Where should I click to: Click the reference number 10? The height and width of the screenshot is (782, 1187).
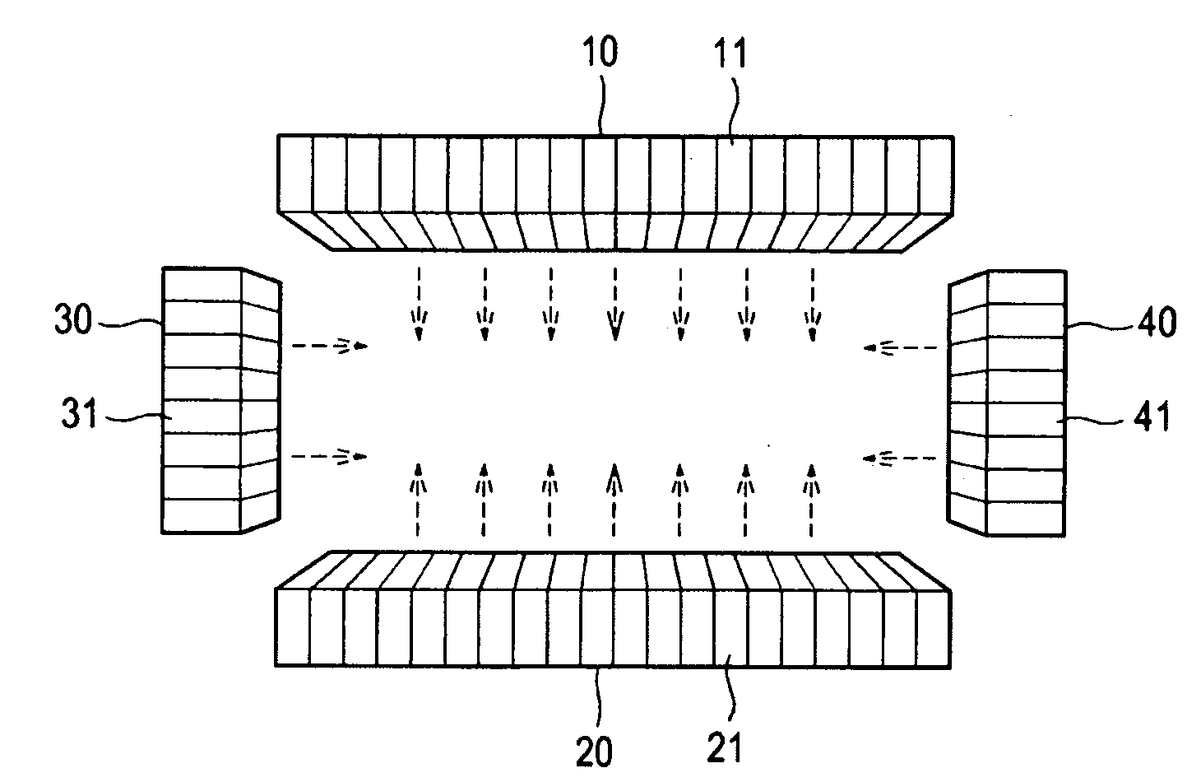tap(601, 53)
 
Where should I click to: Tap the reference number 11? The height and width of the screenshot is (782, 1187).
tap(729, 55)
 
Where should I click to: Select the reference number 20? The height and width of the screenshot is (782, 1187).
tap(594, 752)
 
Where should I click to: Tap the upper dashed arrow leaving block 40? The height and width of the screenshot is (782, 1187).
tap(901, 348)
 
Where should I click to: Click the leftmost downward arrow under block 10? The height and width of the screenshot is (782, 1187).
tap(419, 303)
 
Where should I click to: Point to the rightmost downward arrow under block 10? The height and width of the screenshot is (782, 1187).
tap(813, 303)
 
